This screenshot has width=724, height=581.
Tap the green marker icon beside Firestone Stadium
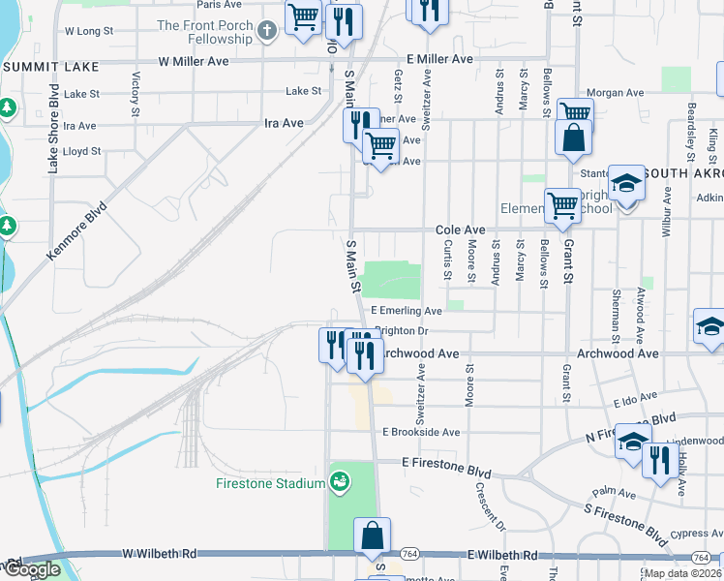(x=340, y=481)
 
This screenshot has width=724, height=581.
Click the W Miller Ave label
(x=194, y=61)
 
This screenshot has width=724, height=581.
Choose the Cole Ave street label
(x=460, y=229)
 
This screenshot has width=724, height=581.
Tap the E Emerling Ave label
(x=407, y=311)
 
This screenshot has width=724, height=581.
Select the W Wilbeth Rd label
(x=160, y=554)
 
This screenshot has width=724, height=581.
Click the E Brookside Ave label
(x=421, y=432)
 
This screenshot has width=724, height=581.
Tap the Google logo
(x=31, y=569)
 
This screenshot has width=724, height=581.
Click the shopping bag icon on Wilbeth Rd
(x=373, y=535)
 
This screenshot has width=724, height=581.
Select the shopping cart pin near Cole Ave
(x=562, y=204)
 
